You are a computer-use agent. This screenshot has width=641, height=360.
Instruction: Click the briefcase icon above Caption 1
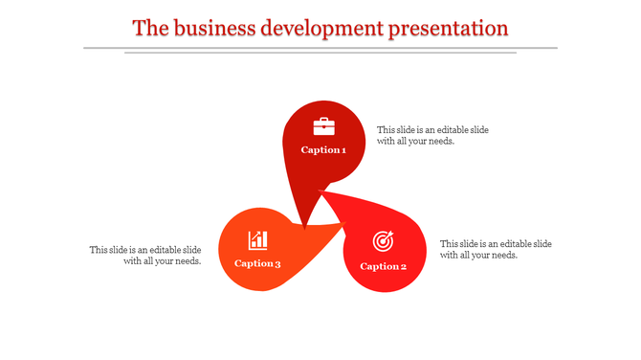(324, 126)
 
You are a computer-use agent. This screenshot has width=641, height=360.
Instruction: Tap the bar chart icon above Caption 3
(258, 240)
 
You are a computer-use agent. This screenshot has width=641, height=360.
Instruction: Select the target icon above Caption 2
(383, 240)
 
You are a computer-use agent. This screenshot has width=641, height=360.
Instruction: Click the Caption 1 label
(323, 150)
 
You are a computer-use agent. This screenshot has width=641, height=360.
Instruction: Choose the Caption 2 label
(384, 266)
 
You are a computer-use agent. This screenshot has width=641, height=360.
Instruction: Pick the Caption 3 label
(257, 264)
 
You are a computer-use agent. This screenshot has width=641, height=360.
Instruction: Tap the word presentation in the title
(448, 28)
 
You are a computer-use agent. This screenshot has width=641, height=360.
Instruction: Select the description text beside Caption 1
(433, 135)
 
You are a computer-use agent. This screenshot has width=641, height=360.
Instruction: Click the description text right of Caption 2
(496, 249)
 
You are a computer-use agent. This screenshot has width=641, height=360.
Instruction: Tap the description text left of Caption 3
(145, 255)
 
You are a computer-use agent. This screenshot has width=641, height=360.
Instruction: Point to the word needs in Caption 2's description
(503, 256)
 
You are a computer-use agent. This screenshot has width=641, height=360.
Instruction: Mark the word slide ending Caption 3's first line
(190, 250)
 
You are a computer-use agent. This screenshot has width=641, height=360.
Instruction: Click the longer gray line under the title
(320, 47)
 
